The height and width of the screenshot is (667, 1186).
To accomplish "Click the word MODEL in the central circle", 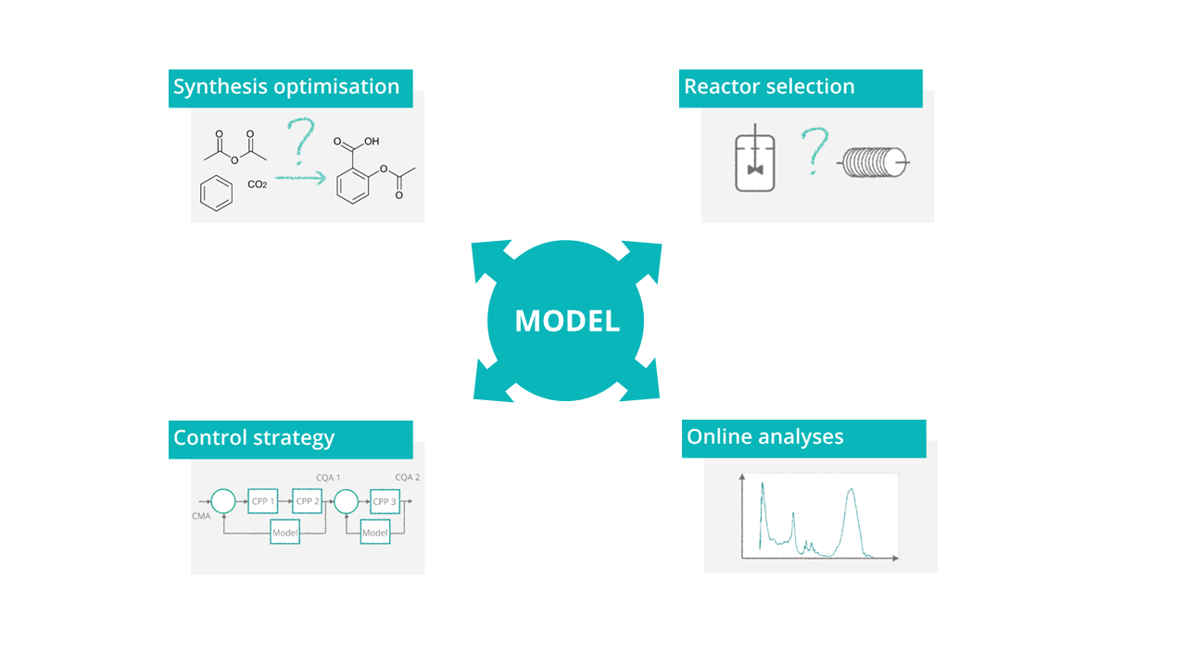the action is coord(567,321).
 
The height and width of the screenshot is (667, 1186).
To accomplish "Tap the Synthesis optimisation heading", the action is coord(286,87).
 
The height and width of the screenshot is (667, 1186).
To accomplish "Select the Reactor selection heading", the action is coord(769,86).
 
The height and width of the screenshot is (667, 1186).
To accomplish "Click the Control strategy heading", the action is coord(254,438).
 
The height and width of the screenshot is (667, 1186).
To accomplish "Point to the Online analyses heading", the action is coord(764,436).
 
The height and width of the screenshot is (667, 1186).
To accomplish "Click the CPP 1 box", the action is coord(262,501).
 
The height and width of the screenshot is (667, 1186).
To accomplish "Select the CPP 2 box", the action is coord(307,501).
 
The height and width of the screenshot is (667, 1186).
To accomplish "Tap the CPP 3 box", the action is coord(385,501).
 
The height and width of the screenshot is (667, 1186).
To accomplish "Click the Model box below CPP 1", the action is coord(284,532).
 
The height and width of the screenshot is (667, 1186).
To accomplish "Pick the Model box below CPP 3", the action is coord(375,532).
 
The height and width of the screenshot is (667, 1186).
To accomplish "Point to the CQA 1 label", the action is coord(328,477).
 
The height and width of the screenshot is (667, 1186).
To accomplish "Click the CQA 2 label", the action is coord(407,477).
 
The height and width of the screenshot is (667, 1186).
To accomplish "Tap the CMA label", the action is coord(201,516).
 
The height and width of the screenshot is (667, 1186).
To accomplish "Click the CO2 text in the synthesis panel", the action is coord(258,184).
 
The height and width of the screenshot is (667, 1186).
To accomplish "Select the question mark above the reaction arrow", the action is coord(301,140).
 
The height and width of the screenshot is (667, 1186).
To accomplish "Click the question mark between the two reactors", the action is coord(814,151).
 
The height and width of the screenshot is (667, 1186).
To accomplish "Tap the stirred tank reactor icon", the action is coord(755,157).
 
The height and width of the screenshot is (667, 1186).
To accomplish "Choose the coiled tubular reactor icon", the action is coord(873,162).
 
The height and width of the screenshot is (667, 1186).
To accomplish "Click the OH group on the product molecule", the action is coord(372,142).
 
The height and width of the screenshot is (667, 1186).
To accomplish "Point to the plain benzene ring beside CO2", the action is coord(216,194).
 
